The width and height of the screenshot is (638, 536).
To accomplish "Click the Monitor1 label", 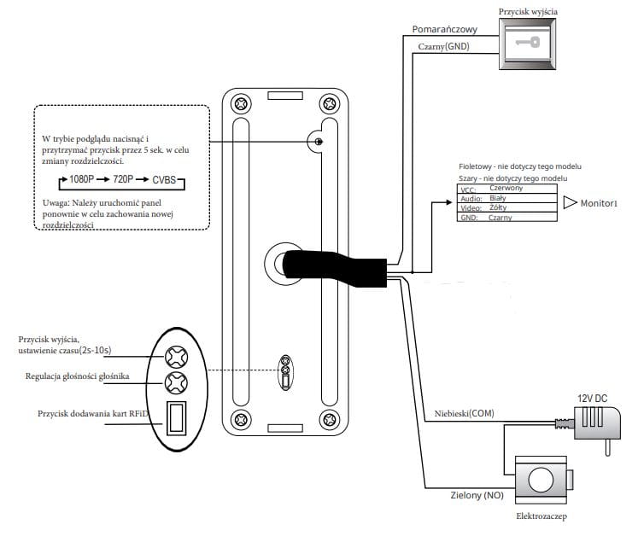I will click(598, 203).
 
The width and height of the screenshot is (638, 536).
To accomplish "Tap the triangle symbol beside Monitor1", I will click(569, 203).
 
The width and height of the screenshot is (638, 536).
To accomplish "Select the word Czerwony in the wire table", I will click(507, 188).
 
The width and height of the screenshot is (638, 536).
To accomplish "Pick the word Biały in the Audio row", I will click(497, 197).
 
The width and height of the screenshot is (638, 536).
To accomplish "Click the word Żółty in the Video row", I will click(499, 207).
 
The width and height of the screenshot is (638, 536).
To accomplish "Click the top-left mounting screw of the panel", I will click(243, 104).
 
